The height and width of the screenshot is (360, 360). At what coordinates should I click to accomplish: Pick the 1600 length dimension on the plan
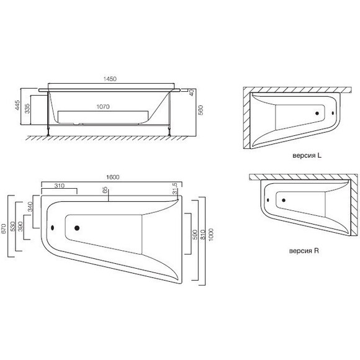click(x=112, y=177)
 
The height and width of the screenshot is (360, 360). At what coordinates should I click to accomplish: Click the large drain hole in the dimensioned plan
click(x=77, y=228)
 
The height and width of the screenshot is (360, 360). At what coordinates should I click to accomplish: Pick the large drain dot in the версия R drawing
click(x=284, y=200)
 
